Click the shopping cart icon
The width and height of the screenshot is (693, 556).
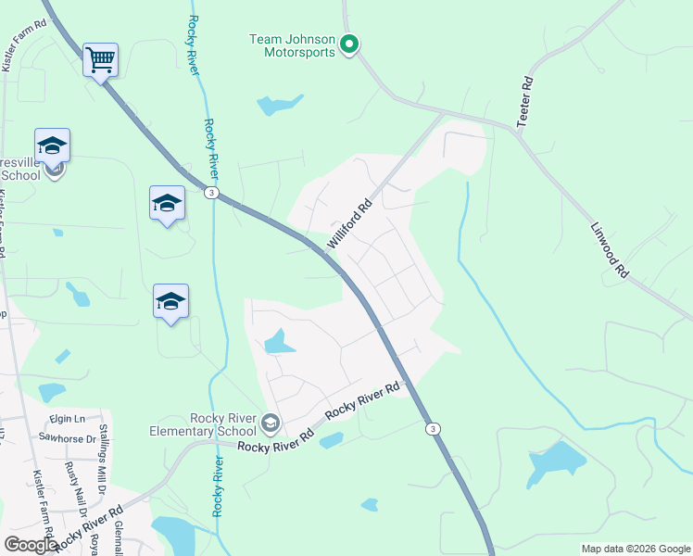pos(100,60)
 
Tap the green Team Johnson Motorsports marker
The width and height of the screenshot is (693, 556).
pos(349,44)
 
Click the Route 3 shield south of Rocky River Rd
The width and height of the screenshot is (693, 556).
pos(432,428)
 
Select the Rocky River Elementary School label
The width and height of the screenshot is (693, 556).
pos(203,424)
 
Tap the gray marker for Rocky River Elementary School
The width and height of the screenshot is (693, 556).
pos(271,423)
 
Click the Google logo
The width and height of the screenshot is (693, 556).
pos(31,544)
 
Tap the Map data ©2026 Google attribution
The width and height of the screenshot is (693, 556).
pos(635,549)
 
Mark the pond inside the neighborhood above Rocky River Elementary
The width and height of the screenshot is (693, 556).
pos(278,342)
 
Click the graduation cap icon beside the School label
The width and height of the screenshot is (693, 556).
pos(53,145)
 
